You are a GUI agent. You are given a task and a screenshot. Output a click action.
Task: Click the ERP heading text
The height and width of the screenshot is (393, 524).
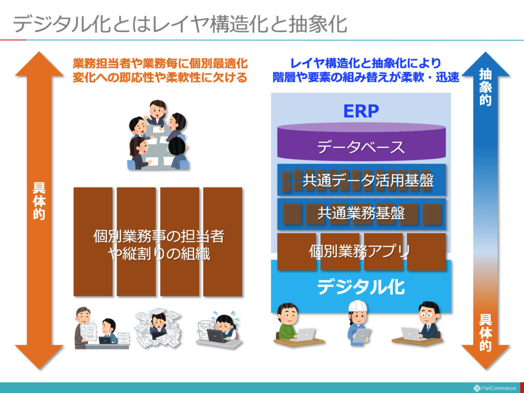(361, 111)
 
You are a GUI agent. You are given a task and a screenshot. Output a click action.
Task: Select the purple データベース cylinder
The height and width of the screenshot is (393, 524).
(361, 142)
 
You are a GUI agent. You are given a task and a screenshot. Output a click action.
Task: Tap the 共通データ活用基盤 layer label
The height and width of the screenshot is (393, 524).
(368, 180)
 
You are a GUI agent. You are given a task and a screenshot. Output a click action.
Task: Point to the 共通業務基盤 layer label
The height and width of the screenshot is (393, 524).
(361, 213)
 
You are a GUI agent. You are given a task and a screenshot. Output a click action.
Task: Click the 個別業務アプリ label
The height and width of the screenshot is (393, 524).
(360, 251)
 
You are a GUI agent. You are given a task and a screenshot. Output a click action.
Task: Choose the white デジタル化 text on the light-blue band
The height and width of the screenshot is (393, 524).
(361, 287)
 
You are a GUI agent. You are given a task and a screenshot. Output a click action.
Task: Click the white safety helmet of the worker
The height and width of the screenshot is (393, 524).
(358, 305)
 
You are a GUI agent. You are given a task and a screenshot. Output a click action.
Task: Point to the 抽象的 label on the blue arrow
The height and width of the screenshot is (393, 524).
(485, 87)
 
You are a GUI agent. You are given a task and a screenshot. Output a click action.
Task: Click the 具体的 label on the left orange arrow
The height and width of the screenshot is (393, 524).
(39, 201)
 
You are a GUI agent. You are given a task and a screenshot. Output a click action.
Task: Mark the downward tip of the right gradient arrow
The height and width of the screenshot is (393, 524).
(485, 369)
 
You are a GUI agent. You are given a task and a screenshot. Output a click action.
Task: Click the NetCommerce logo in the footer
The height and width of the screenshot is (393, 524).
(495, 388)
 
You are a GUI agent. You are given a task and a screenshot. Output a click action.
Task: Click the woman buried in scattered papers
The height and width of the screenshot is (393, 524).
(158, 328)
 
